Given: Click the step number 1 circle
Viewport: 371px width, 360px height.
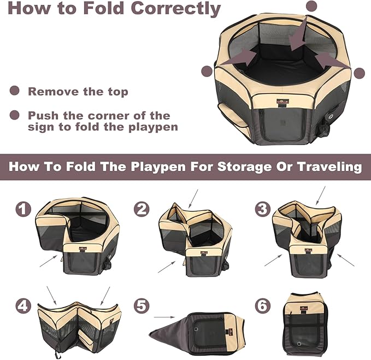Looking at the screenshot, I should pos(23,209).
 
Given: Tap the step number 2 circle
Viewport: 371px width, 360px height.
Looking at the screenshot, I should pos(143,209).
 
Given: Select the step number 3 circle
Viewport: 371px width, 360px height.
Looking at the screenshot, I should pos(263,209).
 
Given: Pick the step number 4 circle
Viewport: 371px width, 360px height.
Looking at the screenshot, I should pos(23,305).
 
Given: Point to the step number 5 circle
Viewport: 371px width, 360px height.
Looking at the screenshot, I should pos(143,305).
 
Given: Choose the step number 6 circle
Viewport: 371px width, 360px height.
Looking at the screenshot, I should pos(263,305).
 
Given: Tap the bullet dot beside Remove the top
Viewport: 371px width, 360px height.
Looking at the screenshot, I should pos(15,91).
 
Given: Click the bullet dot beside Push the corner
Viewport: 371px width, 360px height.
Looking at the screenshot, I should pos(15,115).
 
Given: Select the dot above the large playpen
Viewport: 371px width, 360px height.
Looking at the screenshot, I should pos(311,6).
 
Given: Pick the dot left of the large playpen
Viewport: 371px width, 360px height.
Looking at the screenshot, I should pos(207,71).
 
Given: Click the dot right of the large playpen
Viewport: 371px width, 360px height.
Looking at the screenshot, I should pos(359,73).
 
